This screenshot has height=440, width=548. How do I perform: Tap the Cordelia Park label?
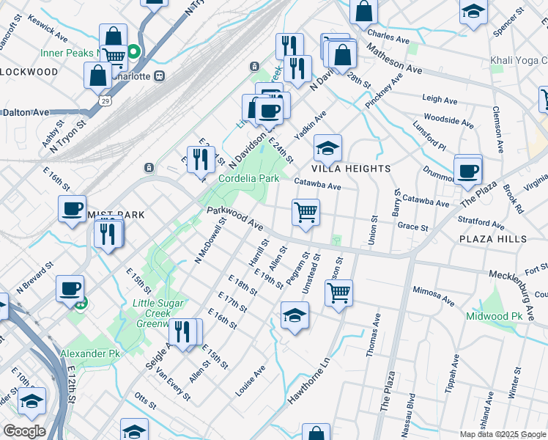[248, 178]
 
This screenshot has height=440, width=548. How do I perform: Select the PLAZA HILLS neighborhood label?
[492, 239]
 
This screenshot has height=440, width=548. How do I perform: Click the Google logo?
[24, 431]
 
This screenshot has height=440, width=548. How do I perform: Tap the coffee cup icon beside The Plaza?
[467, 172]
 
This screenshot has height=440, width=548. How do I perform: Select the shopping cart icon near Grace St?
[306, 213]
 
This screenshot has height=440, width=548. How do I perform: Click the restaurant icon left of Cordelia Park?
[200, 159]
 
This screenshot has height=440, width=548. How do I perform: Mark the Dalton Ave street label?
[26, 112]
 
